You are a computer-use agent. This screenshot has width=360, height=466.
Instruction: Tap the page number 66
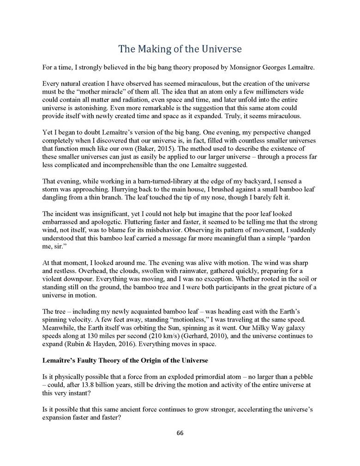coord(180,433)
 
